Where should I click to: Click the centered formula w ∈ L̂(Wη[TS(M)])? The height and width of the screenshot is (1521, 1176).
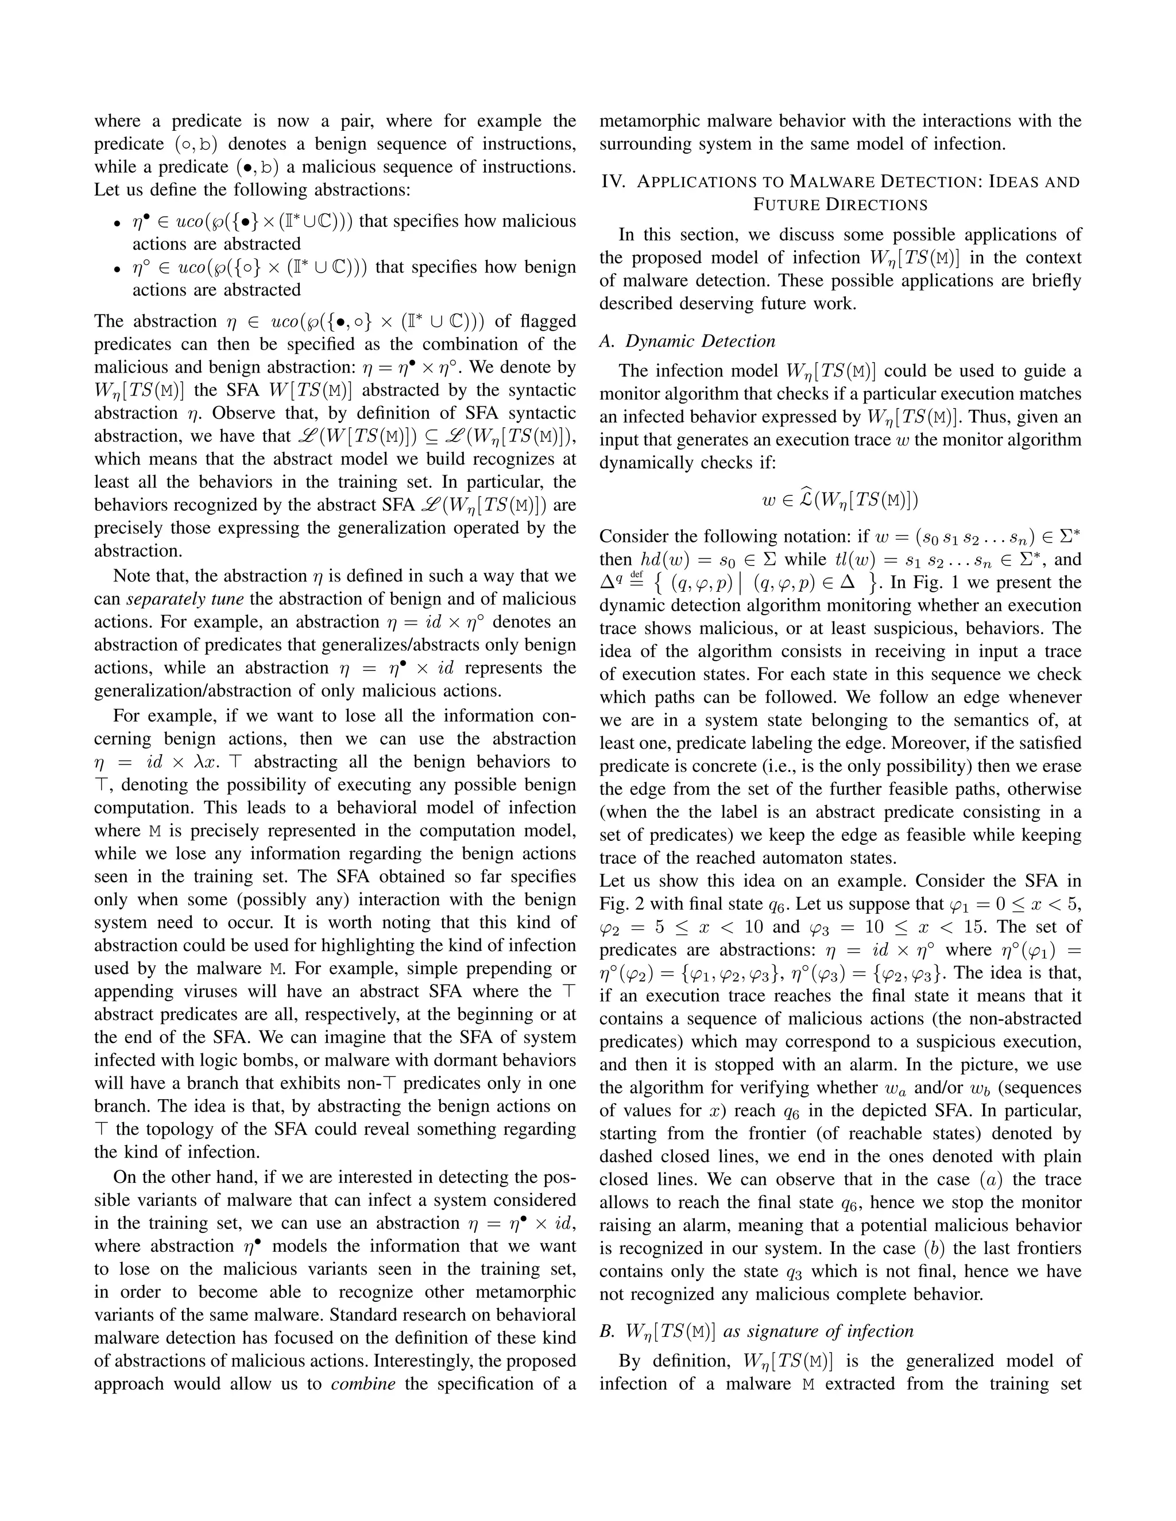click(840, 500)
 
